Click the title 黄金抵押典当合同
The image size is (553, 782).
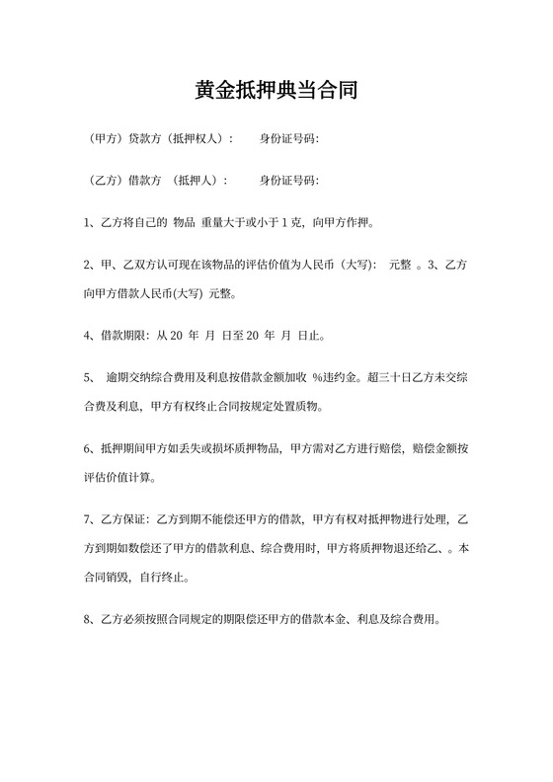pyautogui.click(x=276, y=91)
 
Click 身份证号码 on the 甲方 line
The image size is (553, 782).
pyautogui.click(x=286, y=138)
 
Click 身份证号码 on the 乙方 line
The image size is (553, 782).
pyautogui.click(x=286, y=181)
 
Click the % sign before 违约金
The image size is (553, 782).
pyautogui.click(x=317, y=377)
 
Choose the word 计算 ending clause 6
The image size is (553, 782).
pyautogui.click(x=142, y=478)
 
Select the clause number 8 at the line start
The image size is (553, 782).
pyautogui.click(x=90, y=620)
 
